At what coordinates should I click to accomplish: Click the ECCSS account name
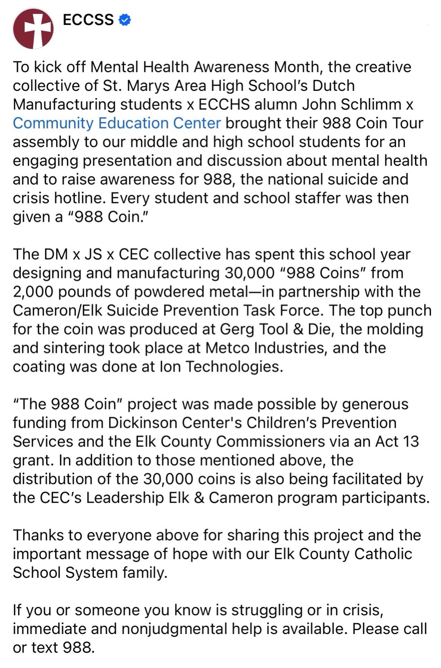[x=88, y=20]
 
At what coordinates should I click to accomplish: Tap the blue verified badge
[x=125, y=20]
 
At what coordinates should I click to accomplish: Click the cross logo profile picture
[x=33, y=29]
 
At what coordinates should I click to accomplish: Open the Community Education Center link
[x=117, y=123]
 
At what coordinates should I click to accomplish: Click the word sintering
[x=74, y=348]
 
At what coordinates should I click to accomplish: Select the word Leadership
[x=125, y=498]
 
